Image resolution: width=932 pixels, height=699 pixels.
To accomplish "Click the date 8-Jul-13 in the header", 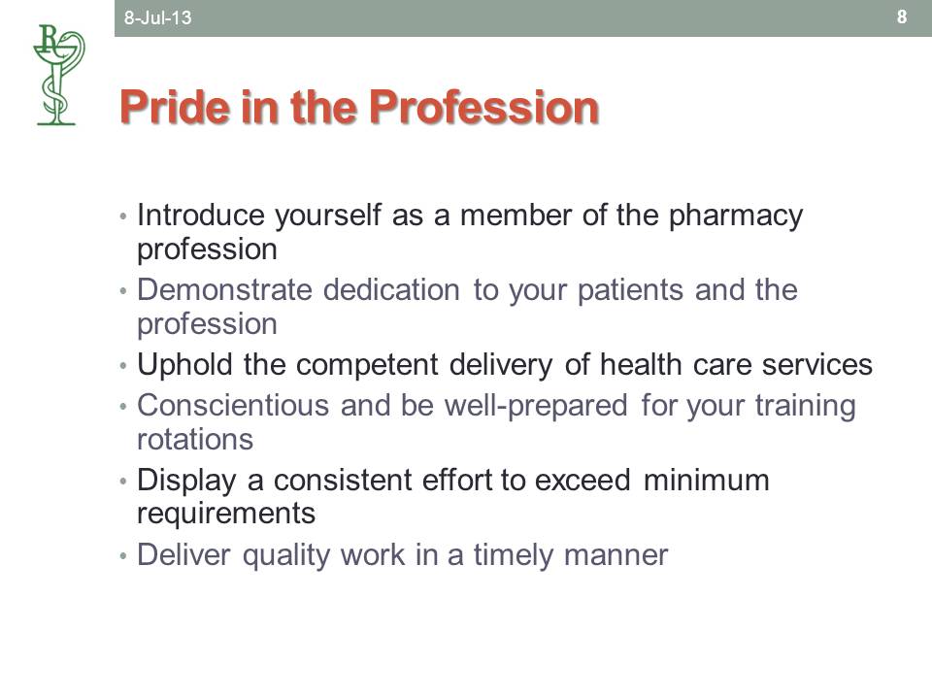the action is [x=157, y=17].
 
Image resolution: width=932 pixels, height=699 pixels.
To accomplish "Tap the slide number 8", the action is [x=902, y=17].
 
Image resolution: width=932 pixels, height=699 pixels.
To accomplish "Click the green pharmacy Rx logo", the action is [x=58, y=75].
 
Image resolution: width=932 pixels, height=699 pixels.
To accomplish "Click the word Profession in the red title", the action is [x=483, y=107].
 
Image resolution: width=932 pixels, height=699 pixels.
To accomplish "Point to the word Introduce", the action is [x=200, y=215].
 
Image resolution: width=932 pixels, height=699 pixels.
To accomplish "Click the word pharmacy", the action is [x=736, y=216].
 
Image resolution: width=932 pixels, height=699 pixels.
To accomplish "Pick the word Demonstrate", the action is [x=224, y=290].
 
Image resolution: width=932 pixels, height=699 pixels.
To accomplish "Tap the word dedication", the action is [x=391, y=290].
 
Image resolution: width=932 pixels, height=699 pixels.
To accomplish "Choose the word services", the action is [x=817, y=364].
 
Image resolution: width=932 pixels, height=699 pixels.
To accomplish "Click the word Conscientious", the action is [x=233, y=406].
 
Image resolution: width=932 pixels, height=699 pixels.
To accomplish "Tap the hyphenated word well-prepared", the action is [x=536, y=407].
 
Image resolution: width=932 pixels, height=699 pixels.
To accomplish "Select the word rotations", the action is [x=195, y=440].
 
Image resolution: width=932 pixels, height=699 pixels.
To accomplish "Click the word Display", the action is [x=186, y=482].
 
